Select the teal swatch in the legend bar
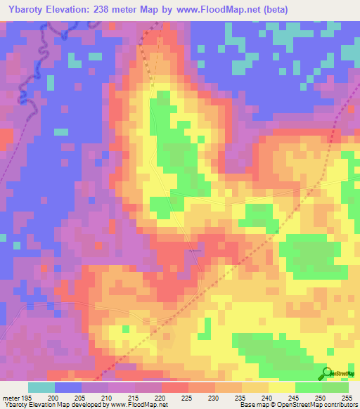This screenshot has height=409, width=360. click(41, 387)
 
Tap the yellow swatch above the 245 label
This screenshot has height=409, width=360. click(282, 387)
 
